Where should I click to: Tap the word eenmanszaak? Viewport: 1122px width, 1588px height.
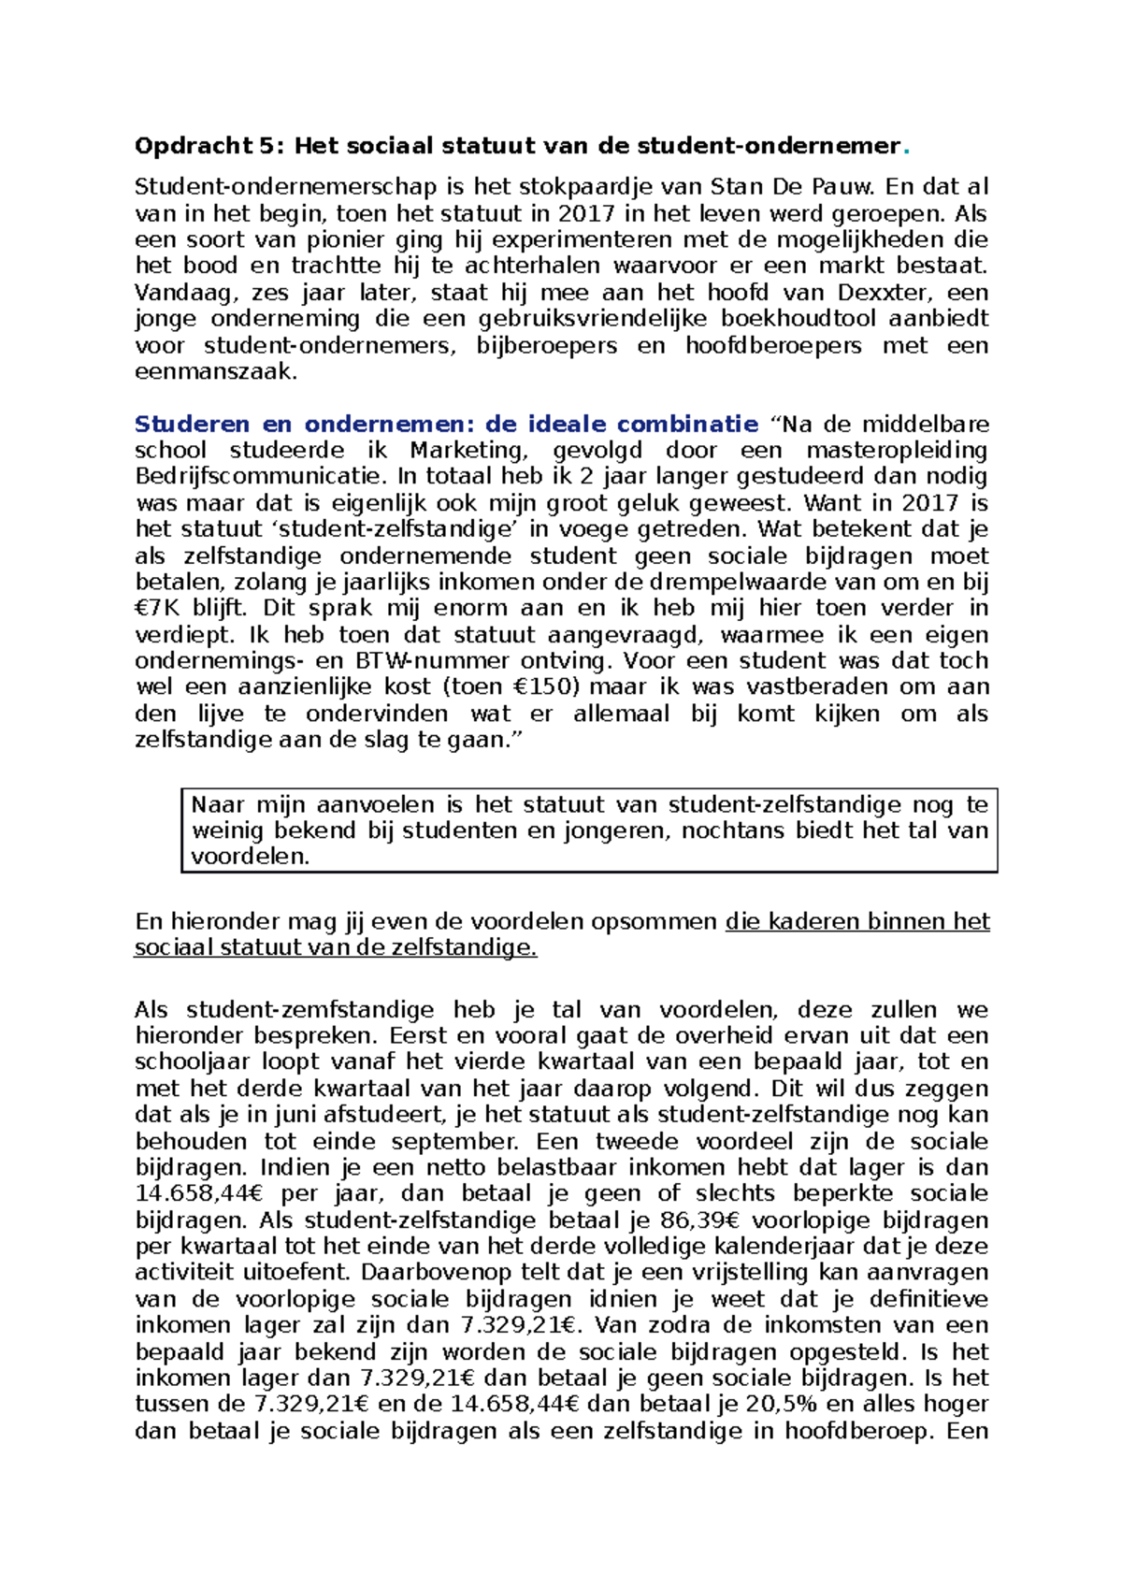click(x=216, y=371)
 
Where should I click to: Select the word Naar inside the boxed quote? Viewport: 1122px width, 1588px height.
click(x=217, y=804)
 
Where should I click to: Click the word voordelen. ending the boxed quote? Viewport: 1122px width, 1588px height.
click(x=250, y=857)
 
